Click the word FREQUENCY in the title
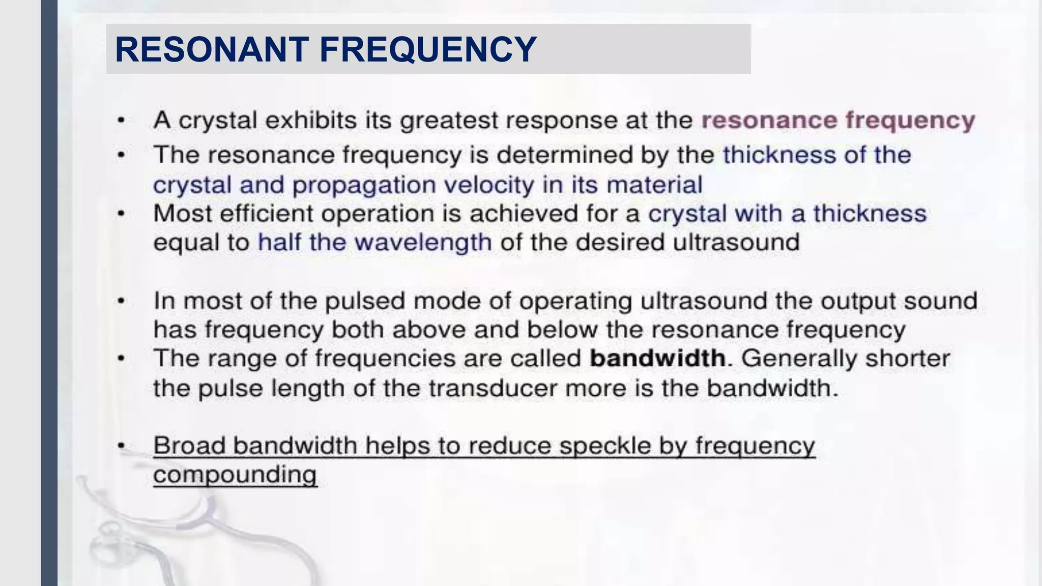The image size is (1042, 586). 427,49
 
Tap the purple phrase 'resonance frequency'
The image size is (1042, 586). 838,121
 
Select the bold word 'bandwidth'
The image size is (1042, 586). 657,358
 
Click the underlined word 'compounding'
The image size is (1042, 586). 235,475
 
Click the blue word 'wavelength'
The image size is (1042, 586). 423,242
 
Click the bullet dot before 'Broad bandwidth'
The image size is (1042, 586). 121,446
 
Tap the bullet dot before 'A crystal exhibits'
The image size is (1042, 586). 121,121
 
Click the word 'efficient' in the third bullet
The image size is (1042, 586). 266,213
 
